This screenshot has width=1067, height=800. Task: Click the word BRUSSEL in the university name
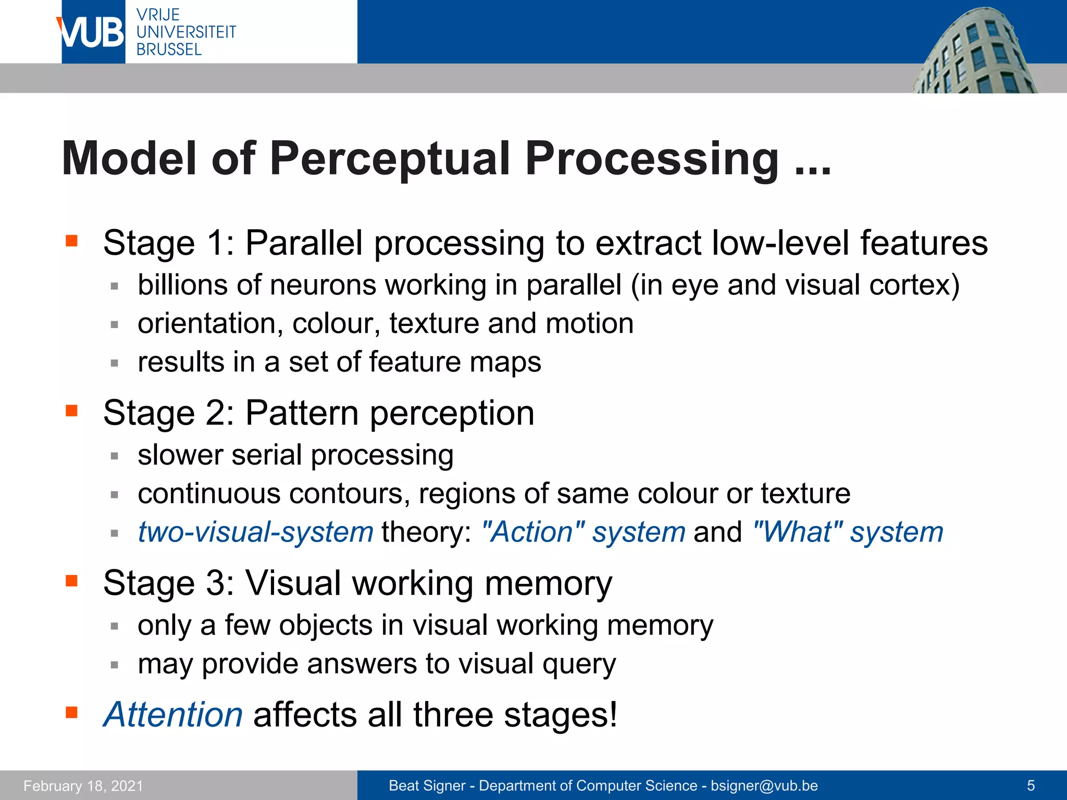click(169, 50)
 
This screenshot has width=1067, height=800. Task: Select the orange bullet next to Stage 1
click(71, 241)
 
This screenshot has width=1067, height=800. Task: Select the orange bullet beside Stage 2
click(71, 411)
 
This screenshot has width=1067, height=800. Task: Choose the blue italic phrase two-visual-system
click(255, 532)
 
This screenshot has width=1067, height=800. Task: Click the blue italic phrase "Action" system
click(584, 532)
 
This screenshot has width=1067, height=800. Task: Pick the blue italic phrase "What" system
click(848, 532)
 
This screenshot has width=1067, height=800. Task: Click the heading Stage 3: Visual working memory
click(357, 583)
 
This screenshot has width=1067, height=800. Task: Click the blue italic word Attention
click(173, 715)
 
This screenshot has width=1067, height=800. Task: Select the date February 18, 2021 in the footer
click(83, 786)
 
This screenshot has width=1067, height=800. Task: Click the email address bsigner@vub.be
click(764, 786)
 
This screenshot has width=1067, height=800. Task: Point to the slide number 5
click(1031, 786)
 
